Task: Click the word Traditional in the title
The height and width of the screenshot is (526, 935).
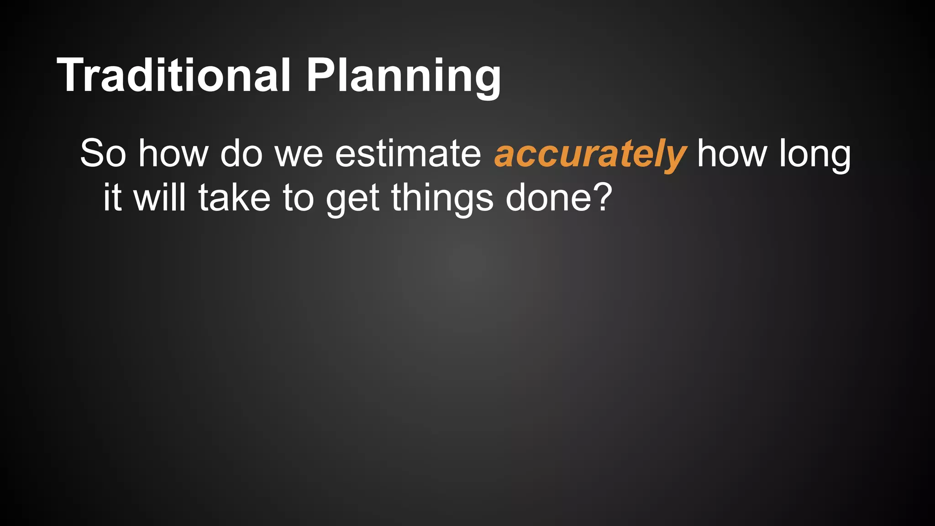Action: [x=173, y=75]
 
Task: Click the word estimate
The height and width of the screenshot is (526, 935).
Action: [x=408, y=154]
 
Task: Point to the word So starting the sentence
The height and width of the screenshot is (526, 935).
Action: [x=103, y=154]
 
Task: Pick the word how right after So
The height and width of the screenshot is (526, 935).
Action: [x=173, y=154]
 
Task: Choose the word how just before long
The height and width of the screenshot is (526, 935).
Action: [x=732, y=154]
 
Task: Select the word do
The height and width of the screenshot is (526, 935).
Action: [x=241, y=154]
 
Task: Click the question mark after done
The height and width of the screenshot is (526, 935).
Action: [x=599, y=197]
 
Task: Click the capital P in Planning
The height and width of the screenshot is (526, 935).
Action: [x=321, y=75]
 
